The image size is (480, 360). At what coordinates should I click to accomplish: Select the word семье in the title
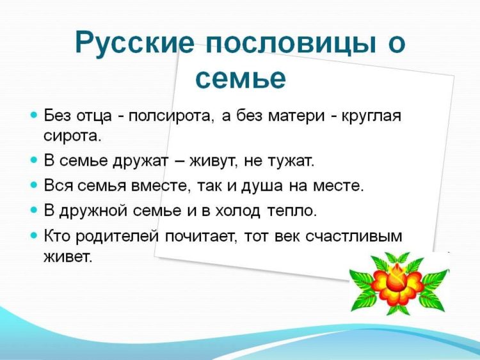240,78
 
